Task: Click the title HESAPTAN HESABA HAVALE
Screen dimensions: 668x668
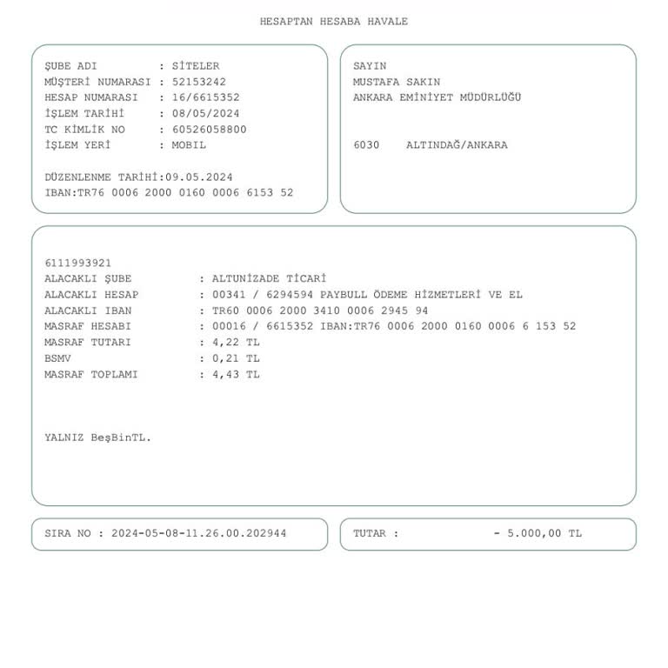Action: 333,22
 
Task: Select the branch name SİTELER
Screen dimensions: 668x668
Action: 196,66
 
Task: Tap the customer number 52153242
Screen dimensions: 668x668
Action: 199,82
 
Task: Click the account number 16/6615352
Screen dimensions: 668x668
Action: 206,97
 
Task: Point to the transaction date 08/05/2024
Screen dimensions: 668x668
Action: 206,113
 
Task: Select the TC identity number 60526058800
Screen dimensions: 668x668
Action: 210,130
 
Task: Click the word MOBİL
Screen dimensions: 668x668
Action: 190,145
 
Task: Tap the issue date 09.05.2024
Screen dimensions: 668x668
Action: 199,177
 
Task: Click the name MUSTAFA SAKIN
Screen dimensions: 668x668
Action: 397,82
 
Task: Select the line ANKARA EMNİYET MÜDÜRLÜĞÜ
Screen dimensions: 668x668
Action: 437,97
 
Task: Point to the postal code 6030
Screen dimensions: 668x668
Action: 366,145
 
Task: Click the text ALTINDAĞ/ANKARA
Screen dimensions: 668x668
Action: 457,145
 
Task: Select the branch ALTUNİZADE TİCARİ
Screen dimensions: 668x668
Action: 269,279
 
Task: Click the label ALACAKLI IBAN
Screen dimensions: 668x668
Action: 89,311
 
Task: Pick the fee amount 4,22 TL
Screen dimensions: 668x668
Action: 236,343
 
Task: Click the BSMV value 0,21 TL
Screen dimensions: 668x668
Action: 236,358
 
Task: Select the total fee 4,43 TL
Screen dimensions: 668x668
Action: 236,375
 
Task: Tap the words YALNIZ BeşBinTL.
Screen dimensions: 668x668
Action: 98,438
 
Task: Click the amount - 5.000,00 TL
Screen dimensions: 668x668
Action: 538,534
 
